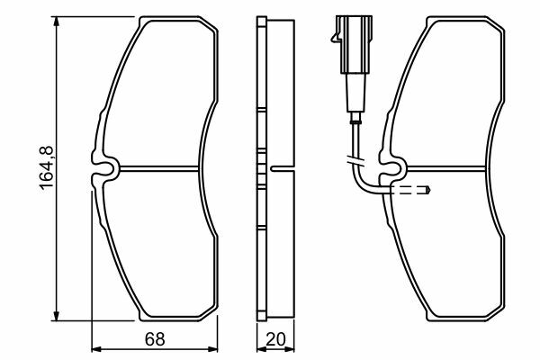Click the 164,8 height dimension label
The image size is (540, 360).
[x=47, y=167]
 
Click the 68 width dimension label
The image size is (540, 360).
[x=155, y=339]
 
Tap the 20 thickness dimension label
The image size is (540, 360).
[x=276, y=339]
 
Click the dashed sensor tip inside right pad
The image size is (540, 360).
[x=410, y=190]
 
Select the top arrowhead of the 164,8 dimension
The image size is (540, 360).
[x=56, y=22]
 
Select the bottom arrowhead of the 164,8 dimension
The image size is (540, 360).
[x=56, y=315]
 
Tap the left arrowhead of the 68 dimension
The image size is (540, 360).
[x=97, y=349]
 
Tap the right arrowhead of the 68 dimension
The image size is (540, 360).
[x=212, y=349]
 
